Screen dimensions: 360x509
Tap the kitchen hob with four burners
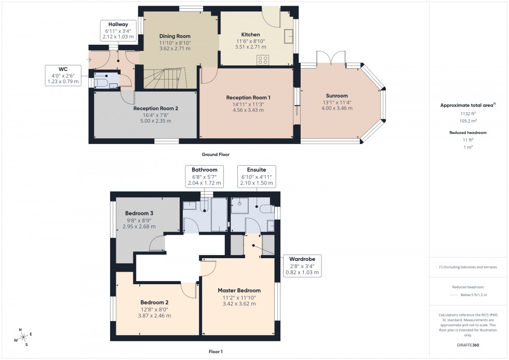(263, 60)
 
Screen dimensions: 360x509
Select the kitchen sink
(289, 36)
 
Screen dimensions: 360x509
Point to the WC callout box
(63, 75)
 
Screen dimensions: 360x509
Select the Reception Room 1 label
(248, 97)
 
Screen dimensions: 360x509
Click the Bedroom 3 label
(139, 213)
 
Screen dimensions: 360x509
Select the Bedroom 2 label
(154, 302)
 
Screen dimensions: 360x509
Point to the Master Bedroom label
(239, 290)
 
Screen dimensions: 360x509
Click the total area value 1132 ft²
(468, 113)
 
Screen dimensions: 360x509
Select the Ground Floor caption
(216, 154)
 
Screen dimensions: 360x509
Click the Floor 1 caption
(215, 352)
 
